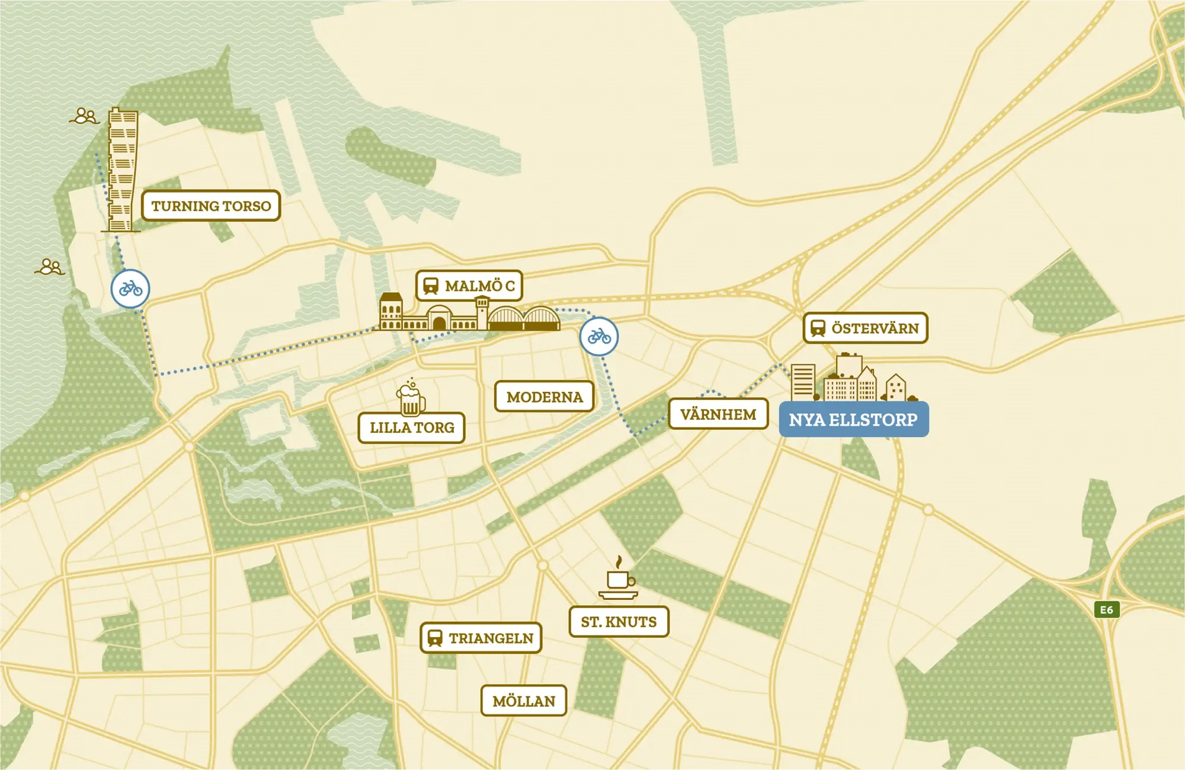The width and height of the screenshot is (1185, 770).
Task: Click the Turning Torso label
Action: (x=211, y=206)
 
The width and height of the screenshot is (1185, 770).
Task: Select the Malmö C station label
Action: (x=469, y=286)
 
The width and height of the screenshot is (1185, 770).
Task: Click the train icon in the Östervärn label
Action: (x=818, y=328)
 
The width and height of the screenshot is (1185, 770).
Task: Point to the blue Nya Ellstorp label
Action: (x=853, y=420)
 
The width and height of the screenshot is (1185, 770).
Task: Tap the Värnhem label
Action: (x=718, y=414)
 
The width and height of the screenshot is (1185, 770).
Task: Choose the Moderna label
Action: (x=545, y=397)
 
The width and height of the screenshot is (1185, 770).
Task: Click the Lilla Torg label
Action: (x=412, y=427)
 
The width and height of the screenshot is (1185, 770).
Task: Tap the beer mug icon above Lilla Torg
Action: (x=410, y=398)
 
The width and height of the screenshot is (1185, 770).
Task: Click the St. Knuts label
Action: (x=619, y=622)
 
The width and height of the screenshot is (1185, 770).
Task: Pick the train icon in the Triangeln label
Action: (x=435, y=638)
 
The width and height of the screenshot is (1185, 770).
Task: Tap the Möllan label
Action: (x=524, y=701)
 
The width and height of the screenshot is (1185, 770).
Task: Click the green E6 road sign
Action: (x=1106, y=609)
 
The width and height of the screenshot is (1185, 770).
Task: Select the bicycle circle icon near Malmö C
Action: (x=599, y=337)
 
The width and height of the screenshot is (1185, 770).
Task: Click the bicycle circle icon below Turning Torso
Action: (x=130, y=289)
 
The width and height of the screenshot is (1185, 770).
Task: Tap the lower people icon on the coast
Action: (x=50, y=267)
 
